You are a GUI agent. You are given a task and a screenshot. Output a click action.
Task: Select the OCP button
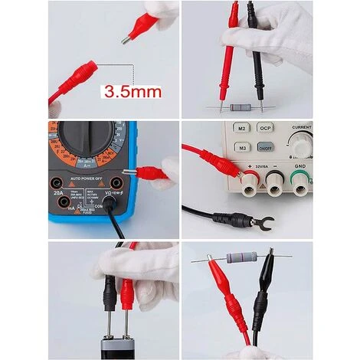(x=266, y=129)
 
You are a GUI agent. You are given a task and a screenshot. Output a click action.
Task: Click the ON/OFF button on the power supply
(x=266, y=147)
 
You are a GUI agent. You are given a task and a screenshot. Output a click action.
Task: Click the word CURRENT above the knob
(x=301, y=127)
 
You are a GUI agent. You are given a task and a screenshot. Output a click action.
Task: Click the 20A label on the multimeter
(x=58, y=194)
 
